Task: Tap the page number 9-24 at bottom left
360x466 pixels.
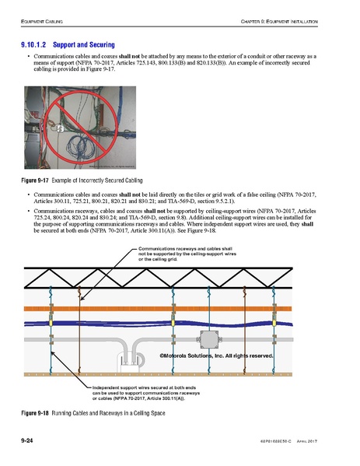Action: [30, 441]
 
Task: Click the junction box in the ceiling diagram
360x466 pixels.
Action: [210, 338]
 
